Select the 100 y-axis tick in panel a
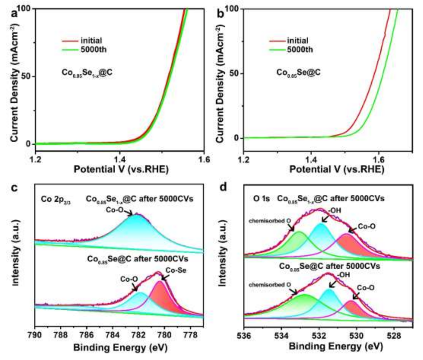coord(26,9)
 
